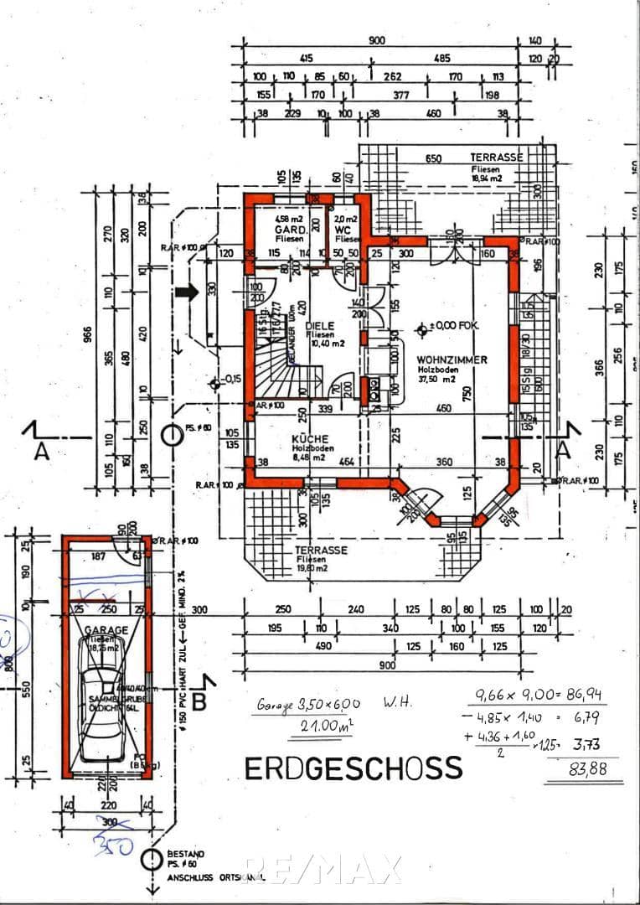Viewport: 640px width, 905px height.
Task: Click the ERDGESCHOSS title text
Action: [x=353, y=768]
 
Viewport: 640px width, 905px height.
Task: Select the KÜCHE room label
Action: [x=309, y=439]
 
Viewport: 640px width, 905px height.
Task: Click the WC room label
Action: [x=342, y=228]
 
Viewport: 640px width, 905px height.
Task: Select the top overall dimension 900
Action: [x=377, y=41]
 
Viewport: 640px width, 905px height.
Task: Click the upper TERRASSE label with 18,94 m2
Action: [x=496, y=158]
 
